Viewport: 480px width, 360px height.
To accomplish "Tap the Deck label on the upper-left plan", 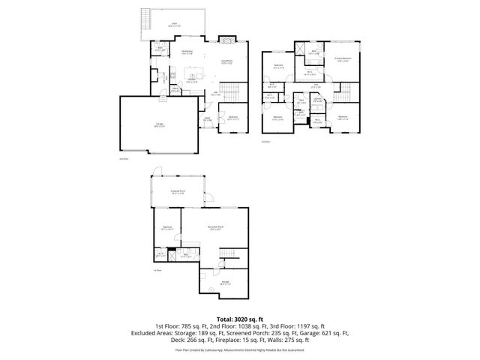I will tap(174, 23).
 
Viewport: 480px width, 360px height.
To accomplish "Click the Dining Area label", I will tap(188, 52).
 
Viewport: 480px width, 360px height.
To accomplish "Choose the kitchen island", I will tap(192, 75).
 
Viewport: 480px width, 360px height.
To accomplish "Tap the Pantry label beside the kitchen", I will tap(175, 88).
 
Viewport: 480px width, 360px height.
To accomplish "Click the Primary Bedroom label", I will tap(345, 58).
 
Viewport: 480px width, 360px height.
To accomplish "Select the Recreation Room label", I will tap(216, 229).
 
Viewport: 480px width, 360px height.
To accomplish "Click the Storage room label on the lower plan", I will tap(225, 283).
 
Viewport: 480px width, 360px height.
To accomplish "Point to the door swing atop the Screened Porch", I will tap(154, 170).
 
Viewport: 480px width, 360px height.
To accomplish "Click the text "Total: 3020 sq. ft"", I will tap(239, 319).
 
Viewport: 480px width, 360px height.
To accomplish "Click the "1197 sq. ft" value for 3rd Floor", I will tap(310, 325).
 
